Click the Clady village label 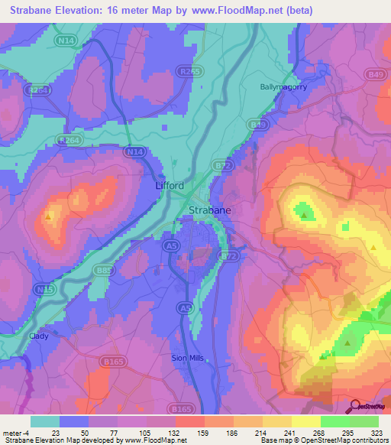pyautogui.click(x=39, y=336)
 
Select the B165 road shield pyautogui.click(x=116, y=361)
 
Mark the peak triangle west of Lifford pyautogui.click(x=49, y=216)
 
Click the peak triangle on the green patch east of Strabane pyautogui.click(x=304, y=216)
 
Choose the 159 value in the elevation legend pyautogui.click(x=183, y=432)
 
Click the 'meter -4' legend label pyautogui.click(x=15, y=432)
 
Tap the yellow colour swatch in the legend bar pyautogui.click(x=306, y=421)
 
